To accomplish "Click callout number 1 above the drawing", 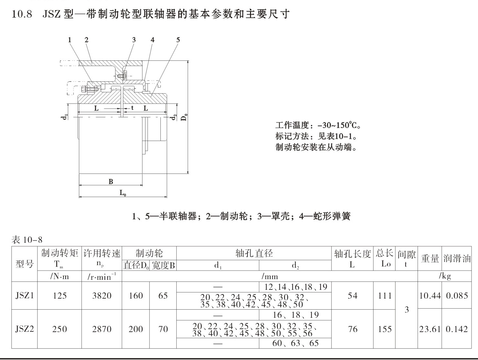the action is (x=70, y=40).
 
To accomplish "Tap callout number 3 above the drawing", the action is (x=134, y=40).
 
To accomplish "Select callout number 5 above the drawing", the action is (x=178, y=40).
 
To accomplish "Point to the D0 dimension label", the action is (x=184, y=117).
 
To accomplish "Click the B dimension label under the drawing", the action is (x=111, y=181).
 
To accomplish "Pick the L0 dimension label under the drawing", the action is (x=123, y=193).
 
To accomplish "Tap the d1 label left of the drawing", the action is (x=64, y=117).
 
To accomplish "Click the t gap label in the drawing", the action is (x=132, y=108).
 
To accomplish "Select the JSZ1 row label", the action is (x=25, y=296).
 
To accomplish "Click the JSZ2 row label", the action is (x=25, y=329).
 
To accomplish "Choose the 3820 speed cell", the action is (x=102, y=296).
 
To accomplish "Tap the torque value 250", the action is (x=59, y=329).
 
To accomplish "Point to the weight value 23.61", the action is (x=430, y=329).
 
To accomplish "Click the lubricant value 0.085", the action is (x=457, y=296).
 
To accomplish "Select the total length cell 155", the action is (x=384, y=329).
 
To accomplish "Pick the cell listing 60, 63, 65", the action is (x=296, y=343).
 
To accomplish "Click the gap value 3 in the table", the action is (x=407, y=310).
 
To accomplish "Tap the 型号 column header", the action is (x=25, y=264).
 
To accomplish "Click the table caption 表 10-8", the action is (x=27, y=240).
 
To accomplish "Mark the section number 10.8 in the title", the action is (x=22, y=14).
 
